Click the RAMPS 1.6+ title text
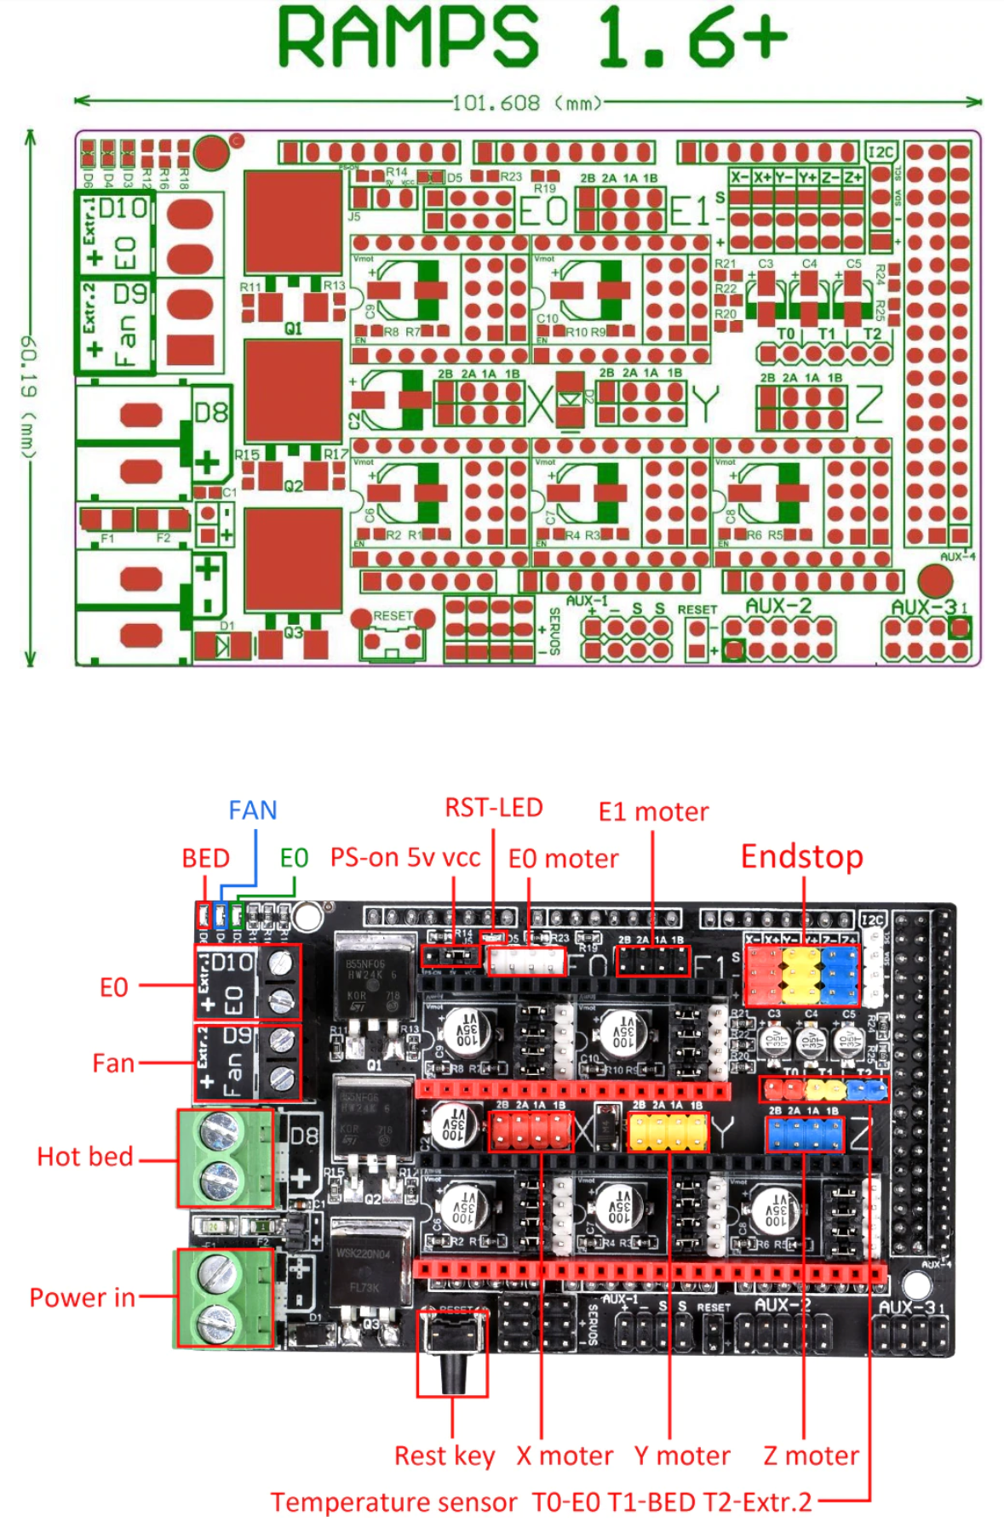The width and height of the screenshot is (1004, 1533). [531, 37]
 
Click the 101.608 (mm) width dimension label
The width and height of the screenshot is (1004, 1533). [525, 103]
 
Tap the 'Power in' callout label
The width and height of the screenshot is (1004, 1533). [82, 1297]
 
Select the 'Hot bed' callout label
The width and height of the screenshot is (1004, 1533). [84, 1156]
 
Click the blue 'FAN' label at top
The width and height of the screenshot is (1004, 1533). [252, 809]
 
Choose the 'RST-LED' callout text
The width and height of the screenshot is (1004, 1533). [493, 807]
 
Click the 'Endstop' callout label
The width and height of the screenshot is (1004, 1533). [801, 855]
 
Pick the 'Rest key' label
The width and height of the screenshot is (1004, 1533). [444, 1455]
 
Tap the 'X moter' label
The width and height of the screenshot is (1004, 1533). [564, 1455]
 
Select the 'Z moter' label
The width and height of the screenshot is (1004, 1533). [811, 1455]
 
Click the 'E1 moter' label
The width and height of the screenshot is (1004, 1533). [653, 811]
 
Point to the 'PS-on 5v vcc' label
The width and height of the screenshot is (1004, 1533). [405, 857]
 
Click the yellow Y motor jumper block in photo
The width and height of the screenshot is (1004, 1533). [668, 1133]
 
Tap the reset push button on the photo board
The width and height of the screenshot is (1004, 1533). [452, 1345]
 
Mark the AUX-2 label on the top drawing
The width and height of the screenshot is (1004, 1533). [778, 605]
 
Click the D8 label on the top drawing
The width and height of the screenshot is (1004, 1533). [210, 413]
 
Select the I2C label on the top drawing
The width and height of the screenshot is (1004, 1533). [880, 152]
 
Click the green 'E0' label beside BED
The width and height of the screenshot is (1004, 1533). [294, 857]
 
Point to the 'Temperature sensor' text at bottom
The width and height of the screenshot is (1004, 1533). [393, 1502]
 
